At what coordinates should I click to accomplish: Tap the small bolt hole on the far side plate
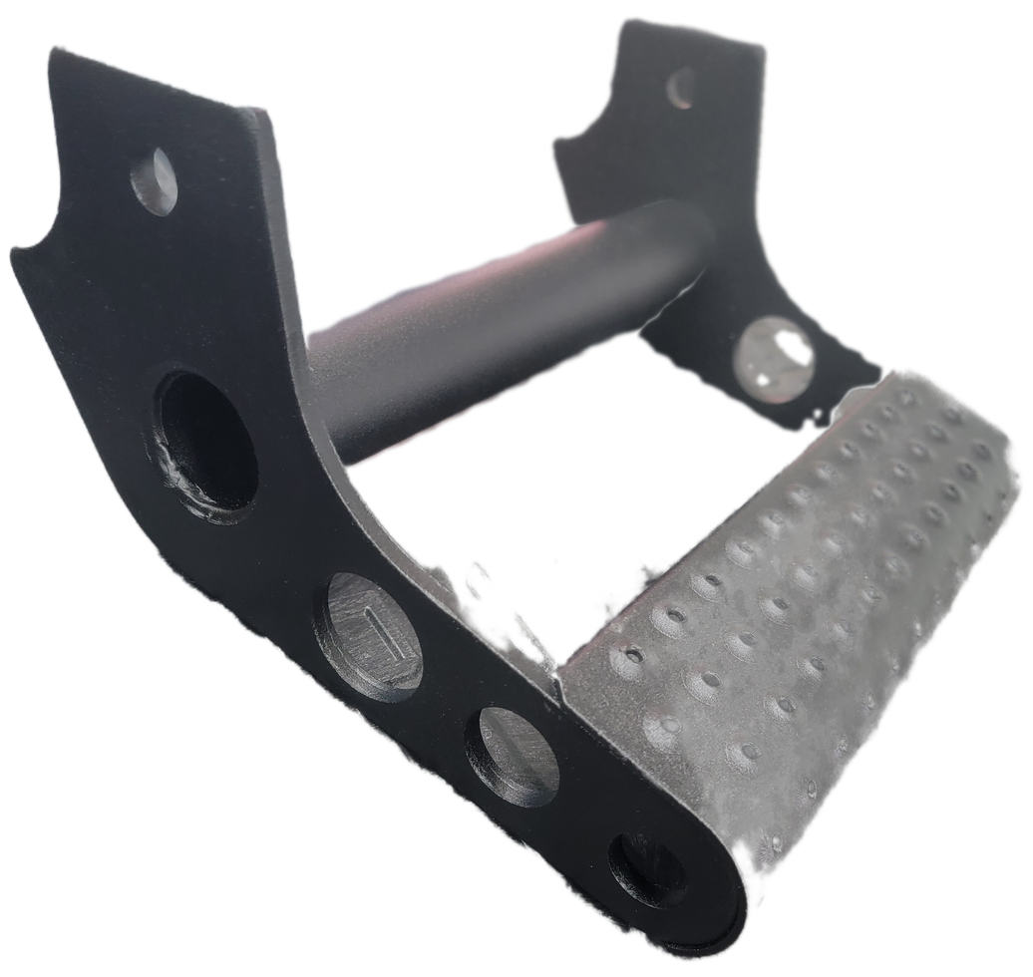click(682, 88)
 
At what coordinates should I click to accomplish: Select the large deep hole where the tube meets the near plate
click(207, 439)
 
